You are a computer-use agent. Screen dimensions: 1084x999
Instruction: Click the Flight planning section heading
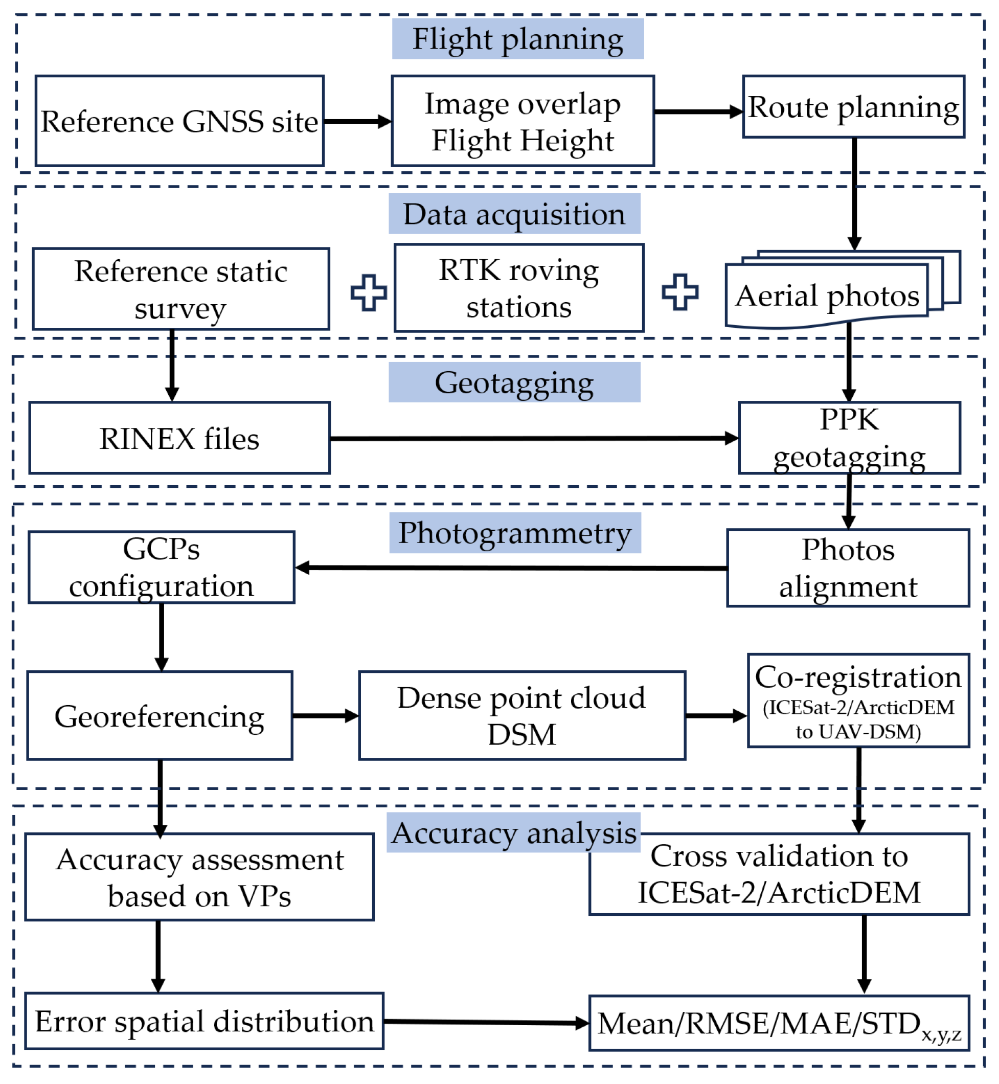(517, 39)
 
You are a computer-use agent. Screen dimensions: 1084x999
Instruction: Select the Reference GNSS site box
(179, 121)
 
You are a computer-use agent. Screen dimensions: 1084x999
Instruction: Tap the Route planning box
(853, 107)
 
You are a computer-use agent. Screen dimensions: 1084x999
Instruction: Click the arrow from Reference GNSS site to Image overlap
(357, 121)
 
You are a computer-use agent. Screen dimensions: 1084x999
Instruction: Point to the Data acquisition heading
(514, 214)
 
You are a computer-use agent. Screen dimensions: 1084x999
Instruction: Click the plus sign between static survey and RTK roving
(369, 292)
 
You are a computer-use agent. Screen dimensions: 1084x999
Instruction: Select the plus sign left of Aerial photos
(679, 292)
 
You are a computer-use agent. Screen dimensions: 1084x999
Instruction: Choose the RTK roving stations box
(518, 288)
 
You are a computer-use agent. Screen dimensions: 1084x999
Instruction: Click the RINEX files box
(179, 438)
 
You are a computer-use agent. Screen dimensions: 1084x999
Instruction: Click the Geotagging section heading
(514, 383)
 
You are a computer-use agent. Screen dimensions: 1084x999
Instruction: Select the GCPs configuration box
(161, 567)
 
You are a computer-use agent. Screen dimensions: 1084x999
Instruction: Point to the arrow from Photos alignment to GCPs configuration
(511, 568)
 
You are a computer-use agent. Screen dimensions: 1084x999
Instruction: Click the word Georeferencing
(160, 716)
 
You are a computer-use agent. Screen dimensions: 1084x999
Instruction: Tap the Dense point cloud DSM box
(521, 715)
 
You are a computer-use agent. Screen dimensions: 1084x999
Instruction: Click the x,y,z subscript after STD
(941, 1034)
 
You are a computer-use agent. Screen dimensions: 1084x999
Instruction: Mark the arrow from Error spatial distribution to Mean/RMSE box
(486, 1022)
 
